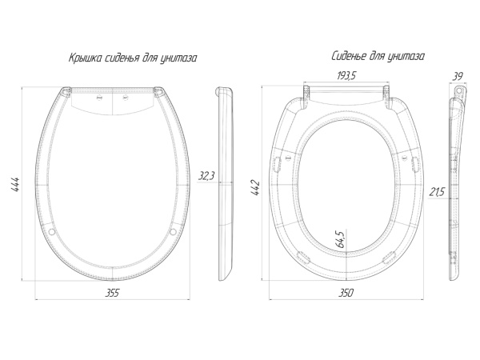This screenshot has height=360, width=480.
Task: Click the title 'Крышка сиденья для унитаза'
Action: (133, 58)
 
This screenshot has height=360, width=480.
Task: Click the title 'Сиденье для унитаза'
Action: (378, 57)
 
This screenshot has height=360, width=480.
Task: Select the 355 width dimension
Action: (112, 293)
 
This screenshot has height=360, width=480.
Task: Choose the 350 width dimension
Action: (346, 293)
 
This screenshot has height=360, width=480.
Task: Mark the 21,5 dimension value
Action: (437, 193)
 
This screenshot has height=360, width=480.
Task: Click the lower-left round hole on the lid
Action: (54, 232)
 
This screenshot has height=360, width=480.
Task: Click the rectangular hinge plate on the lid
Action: (112, 98)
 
